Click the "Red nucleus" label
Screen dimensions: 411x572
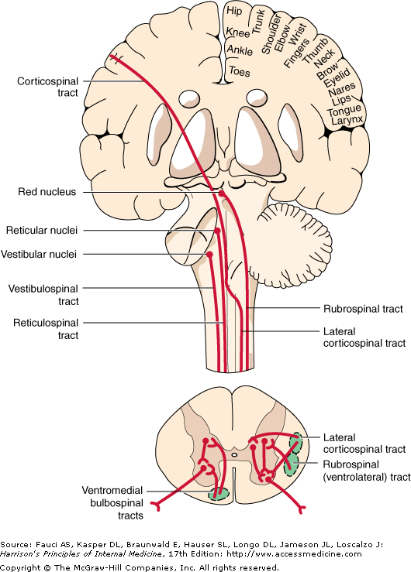[x=47, y=192]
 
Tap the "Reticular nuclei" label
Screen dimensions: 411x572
[x=42, y=230]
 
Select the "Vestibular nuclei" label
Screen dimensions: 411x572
[x=39, y=254]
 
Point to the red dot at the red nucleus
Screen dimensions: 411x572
[x=221, y=194]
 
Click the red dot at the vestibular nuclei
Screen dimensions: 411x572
[x=209, y=254]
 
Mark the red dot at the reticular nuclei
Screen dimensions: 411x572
[x=217, y=231]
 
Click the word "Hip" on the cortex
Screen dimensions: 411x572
[x=234, y=11]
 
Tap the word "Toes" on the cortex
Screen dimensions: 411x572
[x=240, y=71]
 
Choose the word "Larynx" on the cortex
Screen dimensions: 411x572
[x=347, y=120]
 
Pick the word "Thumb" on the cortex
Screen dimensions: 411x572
[x=315, y=50]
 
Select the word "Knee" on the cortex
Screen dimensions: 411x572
[x=238, y=32]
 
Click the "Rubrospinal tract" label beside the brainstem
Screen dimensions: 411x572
[x=363, y=309]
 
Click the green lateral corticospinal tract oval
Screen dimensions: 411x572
[x=295, y=443]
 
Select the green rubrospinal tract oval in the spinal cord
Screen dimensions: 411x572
[x=292, y=464]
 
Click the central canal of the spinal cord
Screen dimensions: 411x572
[x=234, y=455]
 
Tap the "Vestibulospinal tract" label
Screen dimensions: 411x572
[x=43, y=295]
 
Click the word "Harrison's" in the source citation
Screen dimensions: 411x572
[x=18, y=554]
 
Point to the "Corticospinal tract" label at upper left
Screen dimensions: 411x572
[x=47, y=87]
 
